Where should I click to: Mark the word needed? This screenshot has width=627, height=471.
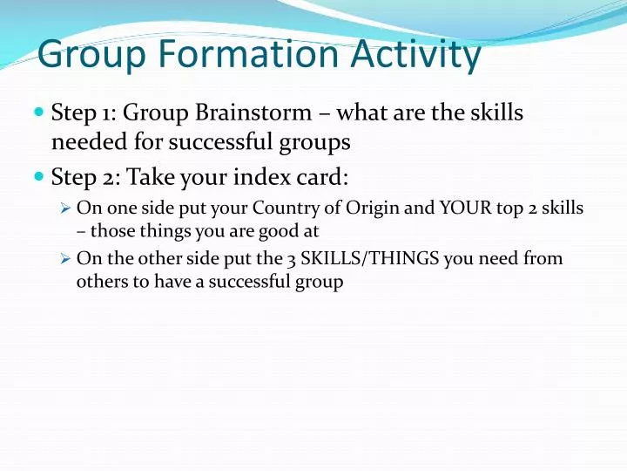pyautogui.click(x=88, y=141)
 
